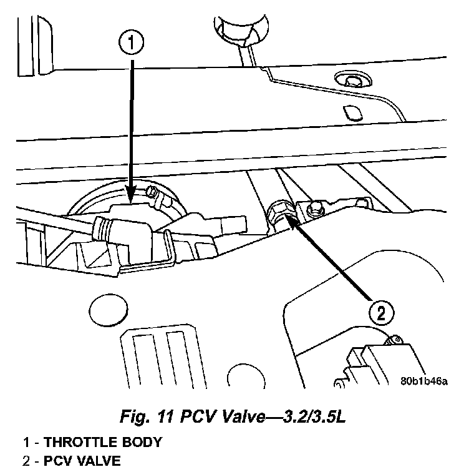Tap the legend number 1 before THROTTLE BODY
(27, 443)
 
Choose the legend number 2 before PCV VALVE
(27, 463)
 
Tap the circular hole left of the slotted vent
(103, 310)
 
